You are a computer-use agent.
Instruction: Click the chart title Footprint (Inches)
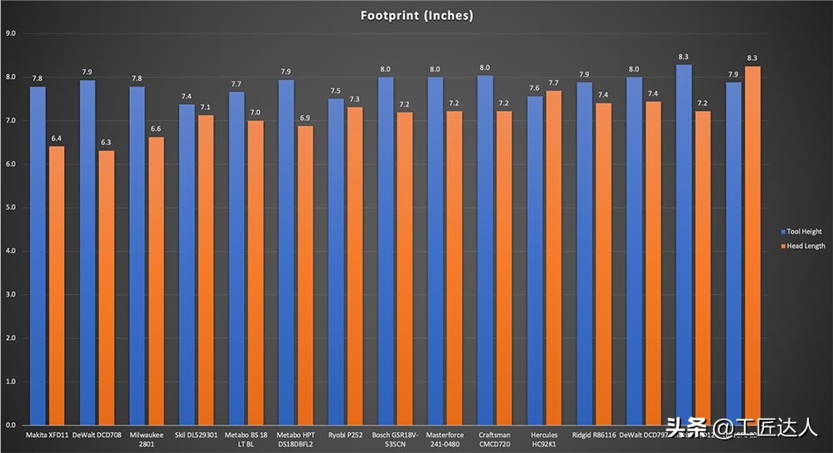coord(416,15)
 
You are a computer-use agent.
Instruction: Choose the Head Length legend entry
coord(803,246)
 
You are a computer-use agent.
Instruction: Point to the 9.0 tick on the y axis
coord(11,33)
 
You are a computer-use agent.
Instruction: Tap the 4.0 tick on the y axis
coord(11,251)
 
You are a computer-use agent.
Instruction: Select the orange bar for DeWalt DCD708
coord(107,287)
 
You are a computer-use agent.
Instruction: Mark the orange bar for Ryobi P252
coord(356,266)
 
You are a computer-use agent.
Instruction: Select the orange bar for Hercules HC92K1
coord(555,257)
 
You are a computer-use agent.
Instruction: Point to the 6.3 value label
coord(107,142)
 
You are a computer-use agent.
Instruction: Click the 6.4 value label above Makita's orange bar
coord(57,138)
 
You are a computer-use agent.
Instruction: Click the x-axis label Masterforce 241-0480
coord(444,440)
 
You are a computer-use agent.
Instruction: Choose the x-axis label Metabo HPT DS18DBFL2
coord(295,440)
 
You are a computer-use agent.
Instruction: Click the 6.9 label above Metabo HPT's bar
coord(306,117)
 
